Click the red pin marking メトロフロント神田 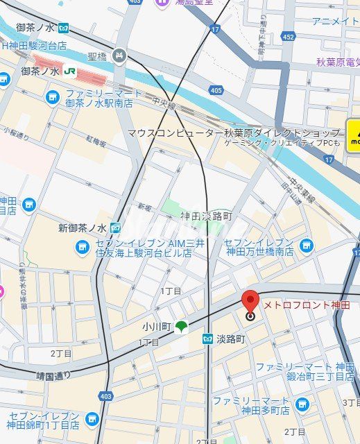(250, 304)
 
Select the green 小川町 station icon (181, 326)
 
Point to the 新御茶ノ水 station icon (114, 228)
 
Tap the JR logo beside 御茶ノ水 (70, 71)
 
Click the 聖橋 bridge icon (120, 55)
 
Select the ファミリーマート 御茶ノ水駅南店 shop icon (52, 96)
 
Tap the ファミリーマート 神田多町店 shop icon (301, 404)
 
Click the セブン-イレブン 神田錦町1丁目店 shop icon (92, 419)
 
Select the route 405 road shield (216, 89)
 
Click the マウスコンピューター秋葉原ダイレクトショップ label (234, 133)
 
